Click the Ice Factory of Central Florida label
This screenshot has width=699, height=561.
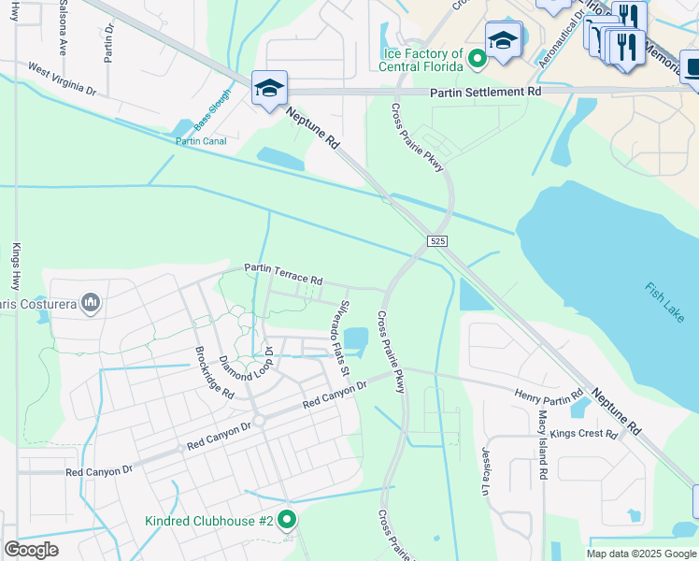[421, 61]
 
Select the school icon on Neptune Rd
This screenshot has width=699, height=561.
[270, 89]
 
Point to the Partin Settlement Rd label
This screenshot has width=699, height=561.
[485, 93]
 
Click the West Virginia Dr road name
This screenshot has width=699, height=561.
[62, 79]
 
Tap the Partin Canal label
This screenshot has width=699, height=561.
[201, 141]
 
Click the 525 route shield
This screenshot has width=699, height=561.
[439, 241]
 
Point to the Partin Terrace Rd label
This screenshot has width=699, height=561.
[283, 274]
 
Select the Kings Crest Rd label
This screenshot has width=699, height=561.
[584, 435]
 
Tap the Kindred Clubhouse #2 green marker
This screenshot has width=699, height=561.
[288, 520]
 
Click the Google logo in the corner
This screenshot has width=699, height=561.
[31, 550]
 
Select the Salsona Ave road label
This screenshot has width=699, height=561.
[64, 30]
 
